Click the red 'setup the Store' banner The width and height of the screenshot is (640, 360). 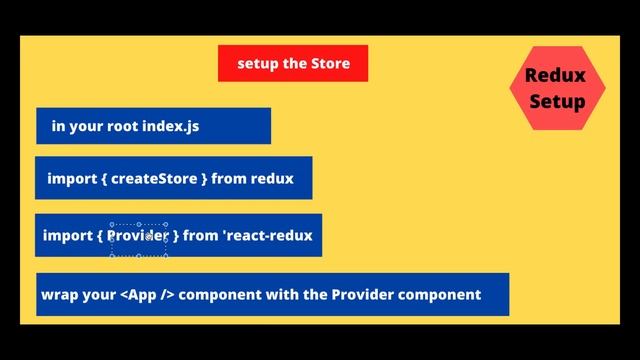pos(293,63)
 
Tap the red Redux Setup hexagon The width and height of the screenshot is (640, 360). pos(557,88)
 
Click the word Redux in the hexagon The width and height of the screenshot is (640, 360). pos(557,76)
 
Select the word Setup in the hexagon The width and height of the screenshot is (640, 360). pos(557,101)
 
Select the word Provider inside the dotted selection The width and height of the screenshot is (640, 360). pos(139,236)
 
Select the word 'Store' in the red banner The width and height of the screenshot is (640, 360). pos(330,63)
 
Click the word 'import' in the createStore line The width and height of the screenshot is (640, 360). pos(71,179)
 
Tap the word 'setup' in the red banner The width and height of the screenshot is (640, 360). pos(258,63)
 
